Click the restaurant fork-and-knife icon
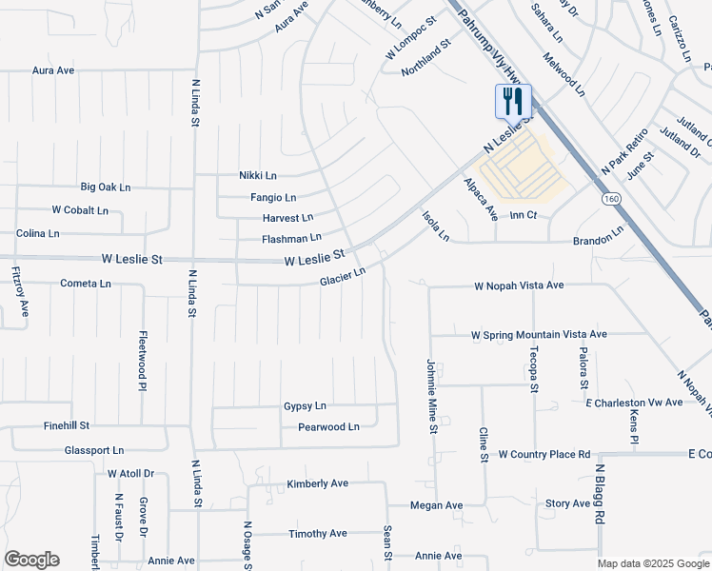513,101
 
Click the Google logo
31,560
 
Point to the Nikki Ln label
257,175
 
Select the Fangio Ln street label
273,197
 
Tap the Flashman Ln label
291,237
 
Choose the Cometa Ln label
86,284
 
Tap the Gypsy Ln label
305,405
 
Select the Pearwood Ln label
328,427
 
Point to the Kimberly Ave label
318,483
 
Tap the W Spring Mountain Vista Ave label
539,334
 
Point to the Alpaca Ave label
482,199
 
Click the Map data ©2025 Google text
653,563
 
